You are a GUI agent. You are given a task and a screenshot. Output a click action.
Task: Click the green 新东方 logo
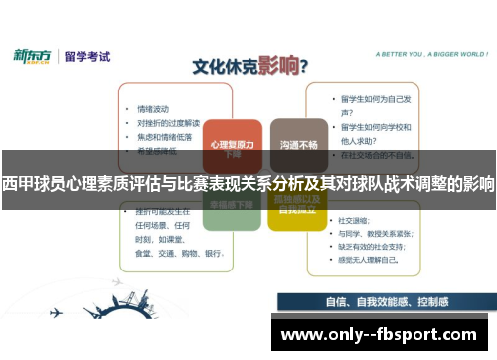click(32, 56)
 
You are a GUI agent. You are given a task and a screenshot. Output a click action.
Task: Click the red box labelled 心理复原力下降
click(232, 146)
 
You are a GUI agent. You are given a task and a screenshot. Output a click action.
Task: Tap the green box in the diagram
click(232, 205)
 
